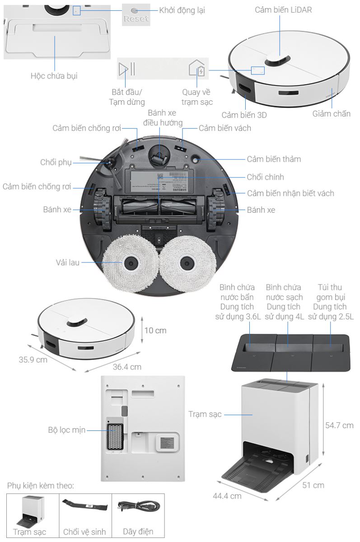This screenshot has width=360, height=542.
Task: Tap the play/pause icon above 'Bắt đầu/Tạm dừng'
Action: (126, 69)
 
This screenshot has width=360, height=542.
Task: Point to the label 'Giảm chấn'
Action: (331, 113)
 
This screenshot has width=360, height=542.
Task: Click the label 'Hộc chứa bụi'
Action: (54, 75)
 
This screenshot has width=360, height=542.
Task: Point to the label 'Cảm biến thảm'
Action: (274, 159)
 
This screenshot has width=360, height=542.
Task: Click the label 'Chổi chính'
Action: (265, 177)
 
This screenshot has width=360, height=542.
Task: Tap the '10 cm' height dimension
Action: (155, 331)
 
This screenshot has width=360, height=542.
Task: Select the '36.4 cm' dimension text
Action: (127, 367)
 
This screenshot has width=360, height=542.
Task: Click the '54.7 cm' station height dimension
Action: (339, 425)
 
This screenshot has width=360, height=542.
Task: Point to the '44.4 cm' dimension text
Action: (227, 495)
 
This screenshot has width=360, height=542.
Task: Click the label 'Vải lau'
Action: (68, 262)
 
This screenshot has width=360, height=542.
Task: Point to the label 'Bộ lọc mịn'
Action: (67, 430)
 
